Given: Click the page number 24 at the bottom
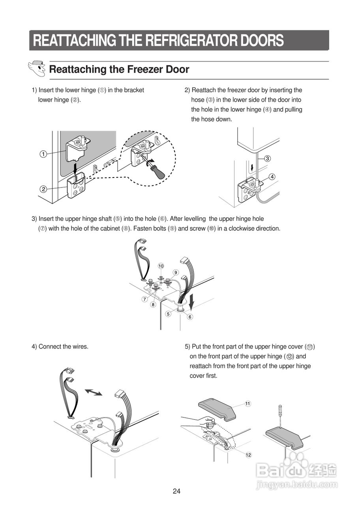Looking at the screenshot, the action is pyautogui.click(x=176, y=491).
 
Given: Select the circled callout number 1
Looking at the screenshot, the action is pyautogui.click(x=43, y=154).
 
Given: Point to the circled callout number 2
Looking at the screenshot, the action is pyautogui.click(x=43, y=189).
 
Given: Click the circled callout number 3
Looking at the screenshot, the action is pyautogui.click(x=267, y=159).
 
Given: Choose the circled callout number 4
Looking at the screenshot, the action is pyautogui.click(x=272, y=176).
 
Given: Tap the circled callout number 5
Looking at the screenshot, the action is pyautogui.click(x=168, y=314).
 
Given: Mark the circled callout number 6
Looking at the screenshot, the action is pyautogui.click(x=190, y=317).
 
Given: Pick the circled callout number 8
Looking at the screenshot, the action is pyautogui.click(x=153, y=304).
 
